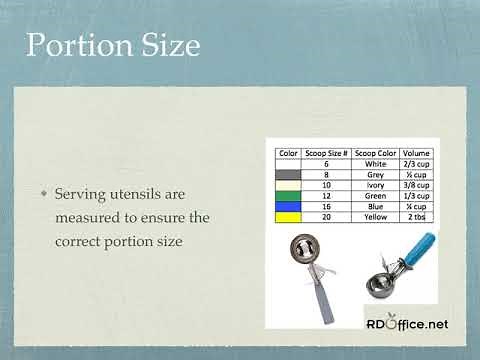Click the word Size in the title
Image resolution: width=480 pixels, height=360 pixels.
click(167, 46)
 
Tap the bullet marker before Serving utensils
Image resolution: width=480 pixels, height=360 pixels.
click(43, 192)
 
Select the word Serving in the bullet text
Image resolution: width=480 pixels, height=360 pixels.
click(82, 192)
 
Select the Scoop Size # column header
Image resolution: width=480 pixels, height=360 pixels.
click(325, 154)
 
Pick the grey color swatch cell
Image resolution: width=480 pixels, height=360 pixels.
click(288, 174)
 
